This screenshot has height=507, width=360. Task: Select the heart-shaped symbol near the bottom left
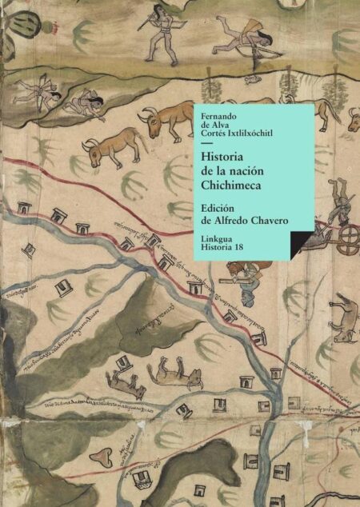pos(101,458)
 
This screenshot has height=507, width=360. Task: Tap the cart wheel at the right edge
pos(349,238)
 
